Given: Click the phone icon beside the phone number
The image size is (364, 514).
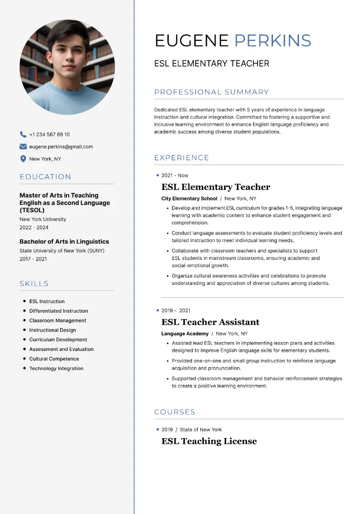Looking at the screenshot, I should point(23,135).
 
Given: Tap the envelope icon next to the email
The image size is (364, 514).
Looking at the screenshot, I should point(23,147).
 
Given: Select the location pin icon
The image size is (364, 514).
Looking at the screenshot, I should point(23,159).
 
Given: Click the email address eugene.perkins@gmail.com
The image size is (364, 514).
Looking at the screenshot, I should point(61,147).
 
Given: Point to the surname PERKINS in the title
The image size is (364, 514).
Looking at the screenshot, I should point(273,41).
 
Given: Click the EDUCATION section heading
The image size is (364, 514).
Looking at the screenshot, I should point(45,177).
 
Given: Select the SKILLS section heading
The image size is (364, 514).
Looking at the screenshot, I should point(34,284).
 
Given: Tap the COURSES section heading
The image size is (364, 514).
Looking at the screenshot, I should point(175,412).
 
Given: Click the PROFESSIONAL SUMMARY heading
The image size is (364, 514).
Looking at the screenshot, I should point(212,92).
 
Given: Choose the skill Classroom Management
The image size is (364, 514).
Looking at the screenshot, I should point(58,320).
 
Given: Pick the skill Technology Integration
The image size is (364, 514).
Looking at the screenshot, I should point(56,369).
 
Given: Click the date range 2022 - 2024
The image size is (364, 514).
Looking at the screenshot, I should point(34,227).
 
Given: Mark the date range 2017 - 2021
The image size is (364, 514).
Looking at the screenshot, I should point(33,259).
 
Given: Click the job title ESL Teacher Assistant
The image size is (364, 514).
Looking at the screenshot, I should point(210,322).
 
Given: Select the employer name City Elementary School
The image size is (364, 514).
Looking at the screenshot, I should point(189,199).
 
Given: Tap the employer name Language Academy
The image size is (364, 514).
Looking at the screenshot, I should point(185,334).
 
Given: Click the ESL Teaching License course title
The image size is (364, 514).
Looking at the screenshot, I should point(209,441).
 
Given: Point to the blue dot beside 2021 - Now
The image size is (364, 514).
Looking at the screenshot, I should point(157,175).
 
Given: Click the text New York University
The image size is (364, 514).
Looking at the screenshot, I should point(43,219).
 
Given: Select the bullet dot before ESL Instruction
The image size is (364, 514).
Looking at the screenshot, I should point(24,301).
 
